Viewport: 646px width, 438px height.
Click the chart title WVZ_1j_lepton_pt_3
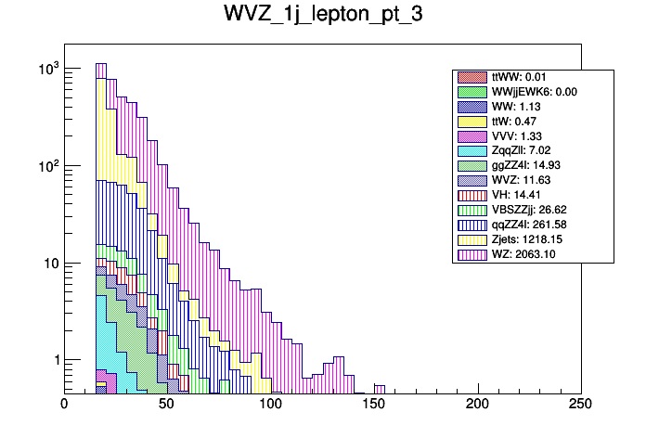(x=323, y=16)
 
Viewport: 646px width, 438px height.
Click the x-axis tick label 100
(x=270, y=405)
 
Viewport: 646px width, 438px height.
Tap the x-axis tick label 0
(x=64, y=405)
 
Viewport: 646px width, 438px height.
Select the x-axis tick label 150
(x=373, y=405)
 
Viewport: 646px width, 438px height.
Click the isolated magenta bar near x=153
(x=380, y=388)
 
